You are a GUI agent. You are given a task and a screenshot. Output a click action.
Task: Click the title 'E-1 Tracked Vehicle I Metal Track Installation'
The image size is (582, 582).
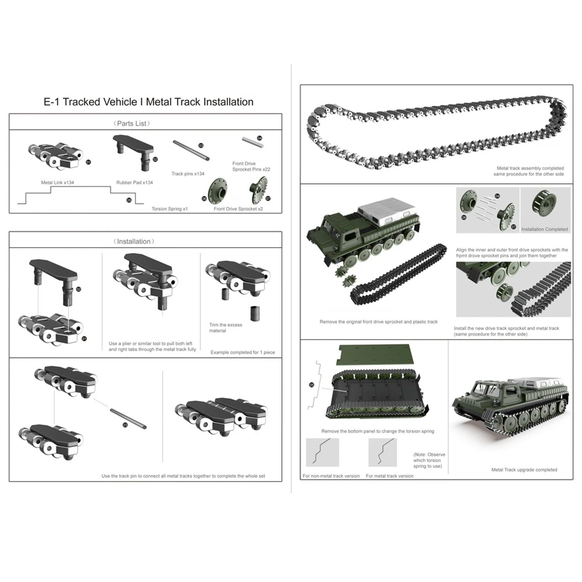tap(149, 102)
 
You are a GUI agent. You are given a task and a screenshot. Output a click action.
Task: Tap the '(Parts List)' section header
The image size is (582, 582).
tap(145, 123)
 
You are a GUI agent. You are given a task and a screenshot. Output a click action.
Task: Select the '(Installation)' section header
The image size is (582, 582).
tap(145, 241)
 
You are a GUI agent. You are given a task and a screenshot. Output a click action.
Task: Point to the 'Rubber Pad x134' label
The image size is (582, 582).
tap(134, 182)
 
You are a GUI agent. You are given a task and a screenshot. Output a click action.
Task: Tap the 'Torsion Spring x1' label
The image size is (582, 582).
tap(169, 208)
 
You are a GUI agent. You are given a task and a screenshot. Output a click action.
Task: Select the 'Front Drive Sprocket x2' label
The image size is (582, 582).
tap(238, 208)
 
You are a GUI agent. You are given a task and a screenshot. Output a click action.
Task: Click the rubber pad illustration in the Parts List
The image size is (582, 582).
tap(133, 146)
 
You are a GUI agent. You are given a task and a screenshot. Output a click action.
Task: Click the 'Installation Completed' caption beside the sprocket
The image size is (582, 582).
tap(544, 229)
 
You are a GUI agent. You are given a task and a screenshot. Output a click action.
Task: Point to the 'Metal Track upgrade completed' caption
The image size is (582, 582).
tap(524, 469)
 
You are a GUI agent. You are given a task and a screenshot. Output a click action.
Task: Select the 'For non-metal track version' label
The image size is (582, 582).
tap(330, 476)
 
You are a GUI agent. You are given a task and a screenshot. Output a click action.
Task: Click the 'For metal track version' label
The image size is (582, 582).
tap(390, 476)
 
